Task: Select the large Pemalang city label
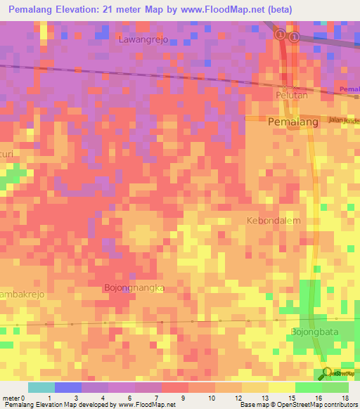coord(294,122)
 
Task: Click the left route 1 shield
coord(280,34)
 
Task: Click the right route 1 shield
coord(294,37)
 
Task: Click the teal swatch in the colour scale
coord(41,387)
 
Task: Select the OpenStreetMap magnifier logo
coord(326,373)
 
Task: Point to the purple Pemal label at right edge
coord(349,90)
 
